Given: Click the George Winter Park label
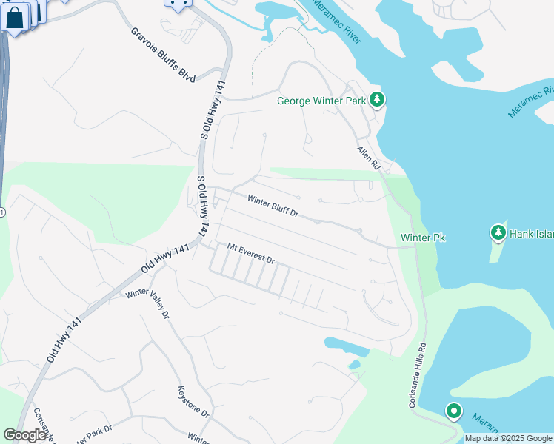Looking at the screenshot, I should click(323, 101).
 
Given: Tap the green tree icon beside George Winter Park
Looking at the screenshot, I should click(377, 99).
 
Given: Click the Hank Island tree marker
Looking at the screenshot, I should click(498, 233).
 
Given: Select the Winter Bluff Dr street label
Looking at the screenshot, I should click(273, 206).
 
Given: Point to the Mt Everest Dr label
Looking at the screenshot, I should click(251, 255).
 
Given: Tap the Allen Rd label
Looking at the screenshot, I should click(368, 158).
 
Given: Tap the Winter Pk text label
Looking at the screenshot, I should click(423, 238).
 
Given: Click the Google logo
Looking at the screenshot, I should click(25, 435).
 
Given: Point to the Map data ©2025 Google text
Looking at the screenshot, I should click(507, 438).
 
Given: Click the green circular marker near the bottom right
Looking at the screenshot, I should click(453, 411).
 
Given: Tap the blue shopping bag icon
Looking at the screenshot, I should click(15, 17).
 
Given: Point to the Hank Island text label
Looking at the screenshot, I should click(532, 234).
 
